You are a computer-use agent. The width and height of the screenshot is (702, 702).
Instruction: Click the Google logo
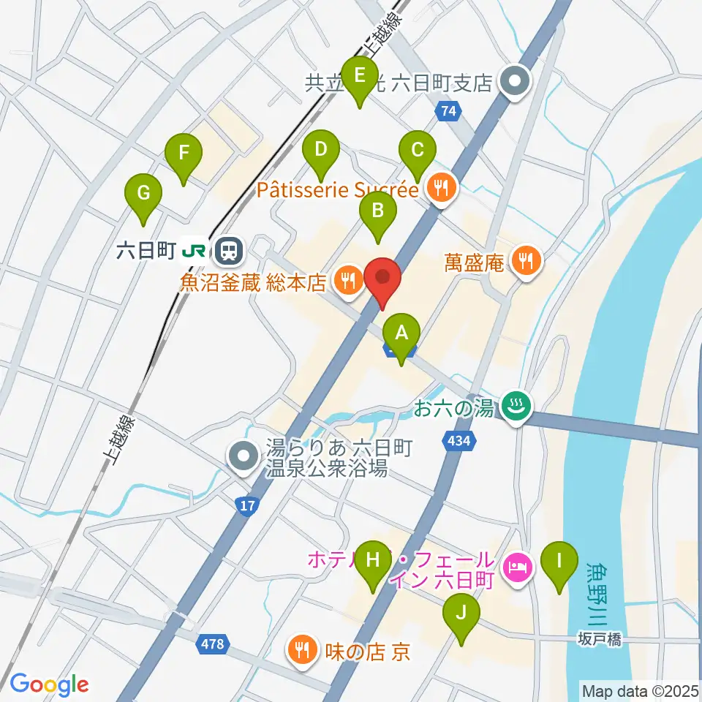point(49,684)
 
